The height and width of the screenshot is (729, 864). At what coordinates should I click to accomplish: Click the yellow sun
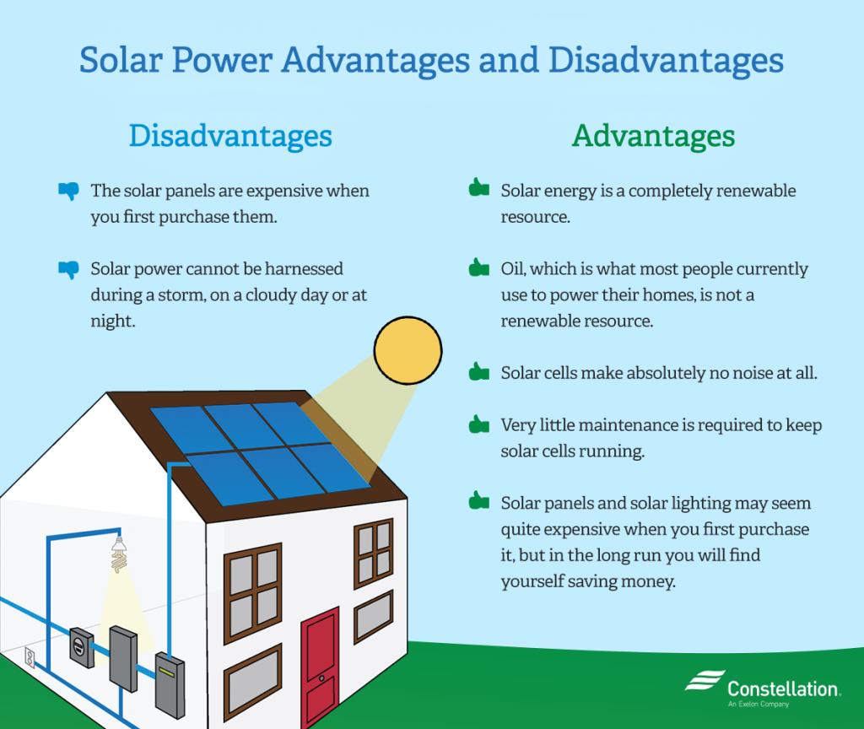click(408, 348)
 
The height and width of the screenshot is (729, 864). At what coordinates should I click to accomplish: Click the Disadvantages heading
click(230, 136)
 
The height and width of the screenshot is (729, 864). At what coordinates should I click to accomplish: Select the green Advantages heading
click(653, 136)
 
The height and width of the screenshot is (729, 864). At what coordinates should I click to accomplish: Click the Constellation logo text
click(783, 688)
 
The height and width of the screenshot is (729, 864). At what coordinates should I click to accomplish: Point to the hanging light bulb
click(119, 553)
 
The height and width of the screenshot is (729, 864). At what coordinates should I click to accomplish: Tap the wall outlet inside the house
click(30, 657)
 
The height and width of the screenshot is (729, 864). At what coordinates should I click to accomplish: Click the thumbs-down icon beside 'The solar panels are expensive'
click(67, 191)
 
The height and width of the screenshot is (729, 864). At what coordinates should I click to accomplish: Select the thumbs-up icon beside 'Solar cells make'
click(478, 370)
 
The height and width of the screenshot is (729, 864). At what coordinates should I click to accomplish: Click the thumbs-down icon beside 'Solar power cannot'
click(67, 269)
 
